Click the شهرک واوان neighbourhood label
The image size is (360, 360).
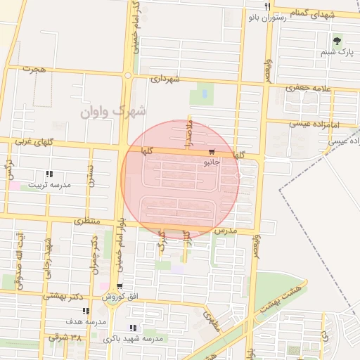pos(112,110)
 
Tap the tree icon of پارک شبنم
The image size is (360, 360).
pos(338,40)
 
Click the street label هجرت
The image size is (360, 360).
pos(33,69)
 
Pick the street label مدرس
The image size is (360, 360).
pos(226,231)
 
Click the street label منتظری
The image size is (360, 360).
pos(87,221)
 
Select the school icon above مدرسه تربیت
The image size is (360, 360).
pos(49,174)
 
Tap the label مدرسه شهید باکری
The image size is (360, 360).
pos(133,338)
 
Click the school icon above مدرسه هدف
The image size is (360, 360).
pos(86,311)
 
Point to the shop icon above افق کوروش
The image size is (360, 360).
pos(120,287)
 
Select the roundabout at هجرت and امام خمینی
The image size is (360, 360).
pos(128,75)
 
